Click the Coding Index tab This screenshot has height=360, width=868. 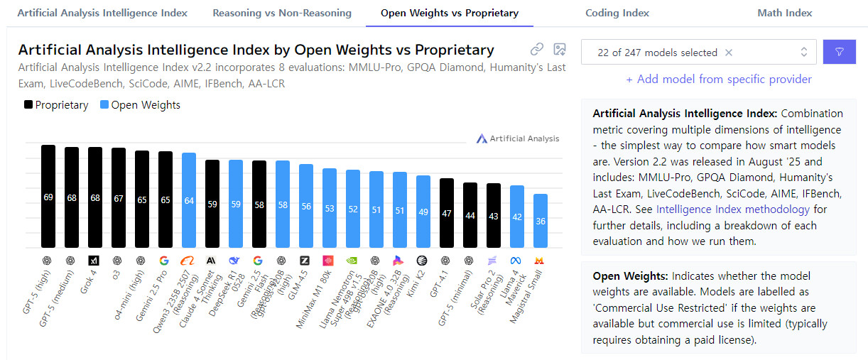coord(617,13)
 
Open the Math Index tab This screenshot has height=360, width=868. coord(784,13)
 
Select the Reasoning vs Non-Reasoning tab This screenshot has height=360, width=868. coord(282,13)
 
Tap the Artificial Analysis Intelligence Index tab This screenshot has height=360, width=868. coord(102,13)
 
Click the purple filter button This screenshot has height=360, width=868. coord(840,52)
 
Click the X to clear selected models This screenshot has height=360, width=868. coord(729,53)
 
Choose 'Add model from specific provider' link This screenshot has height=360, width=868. coord(718,80)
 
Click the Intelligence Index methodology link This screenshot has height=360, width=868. coord(732,209)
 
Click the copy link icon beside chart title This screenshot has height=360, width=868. coord(537,50)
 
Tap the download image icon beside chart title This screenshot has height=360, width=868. coord(560,50)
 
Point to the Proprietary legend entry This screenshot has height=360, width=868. coord(57,105)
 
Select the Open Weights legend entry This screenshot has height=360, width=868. coord(140,105)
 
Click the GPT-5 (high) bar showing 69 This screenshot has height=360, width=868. coord(48,197)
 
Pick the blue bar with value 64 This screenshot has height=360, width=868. coord(189,200)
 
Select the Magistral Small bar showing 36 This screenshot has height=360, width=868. coord(541,221)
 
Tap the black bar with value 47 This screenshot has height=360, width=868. coord(447,213)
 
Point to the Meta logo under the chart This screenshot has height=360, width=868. coord(516,261)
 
